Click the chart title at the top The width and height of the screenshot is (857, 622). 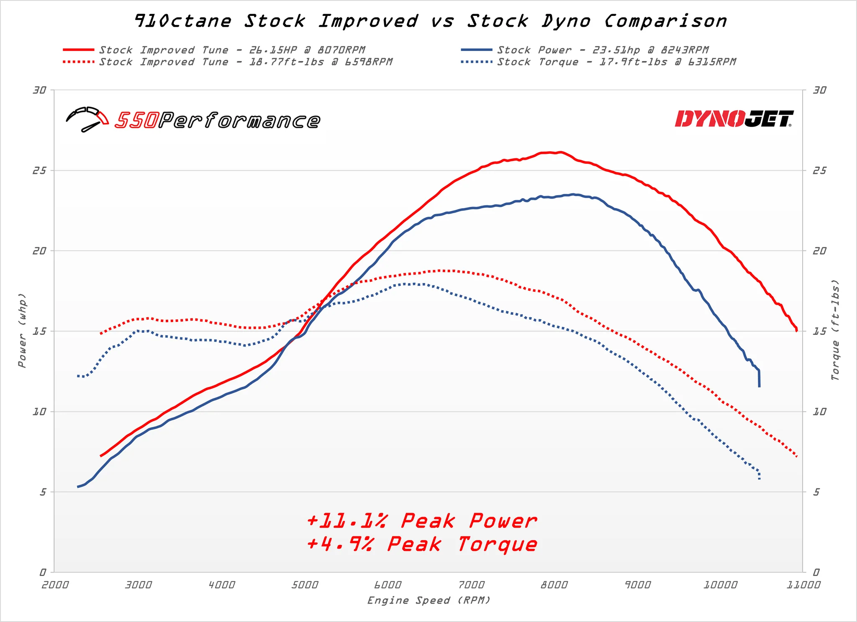431,21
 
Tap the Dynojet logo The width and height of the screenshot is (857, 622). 734,119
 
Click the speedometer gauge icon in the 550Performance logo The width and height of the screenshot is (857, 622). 87,120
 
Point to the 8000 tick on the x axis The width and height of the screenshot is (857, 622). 554,585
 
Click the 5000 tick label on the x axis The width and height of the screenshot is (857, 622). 304,585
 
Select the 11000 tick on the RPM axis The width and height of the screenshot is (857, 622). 803,585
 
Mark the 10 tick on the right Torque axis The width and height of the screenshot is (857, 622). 819,412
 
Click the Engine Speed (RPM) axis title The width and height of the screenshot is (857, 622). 428,601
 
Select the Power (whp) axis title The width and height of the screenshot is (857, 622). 22,331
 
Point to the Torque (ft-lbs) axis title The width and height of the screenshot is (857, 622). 835,330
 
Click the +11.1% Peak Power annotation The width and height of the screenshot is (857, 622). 422,521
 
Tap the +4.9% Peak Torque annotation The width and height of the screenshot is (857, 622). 422,544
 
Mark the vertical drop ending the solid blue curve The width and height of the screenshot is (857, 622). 759,379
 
